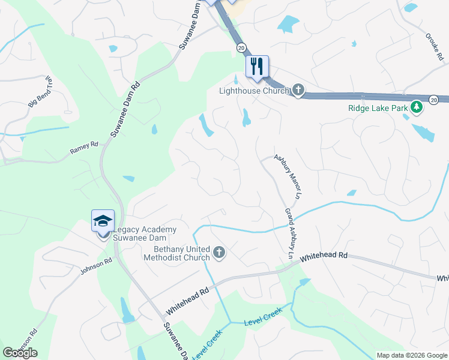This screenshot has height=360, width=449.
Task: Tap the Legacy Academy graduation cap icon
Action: pyautogui.click(x=103, y=220)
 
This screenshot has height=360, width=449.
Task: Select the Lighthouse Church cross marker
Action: pyautogui.click(x=298, y=91)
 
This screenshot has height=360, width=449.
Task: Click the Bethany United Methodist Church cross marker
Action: pyautogui.click(x=219, y=253)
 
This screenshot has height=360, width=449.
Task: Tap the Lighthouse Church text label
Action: pyautogui.click(x=254, y=91)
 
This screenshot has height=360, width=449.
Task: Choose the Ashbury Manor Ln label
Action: pyautogui.click(x=287, y=176)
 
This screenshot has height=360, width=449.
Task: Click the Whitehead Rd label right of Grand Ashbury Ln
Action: pyautogui.click(x=324, y=256)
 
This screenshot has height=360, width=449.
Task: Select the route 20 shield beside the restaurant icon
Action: pyautogui.click(x=241, y=47)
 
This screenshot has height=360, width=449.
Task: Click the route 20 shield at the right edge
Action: pyautogui.click(x=434, y=100)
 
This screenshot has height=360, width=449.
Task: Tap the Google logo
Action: pyautogui.click(x=20, y=353)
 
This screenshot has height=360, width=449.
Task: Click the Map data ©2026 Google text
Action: pyautogui.click(x=411, y=355)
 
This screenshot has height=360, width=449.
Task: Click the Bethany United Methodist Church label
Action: pyautogui.click(x=176, y=253)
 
